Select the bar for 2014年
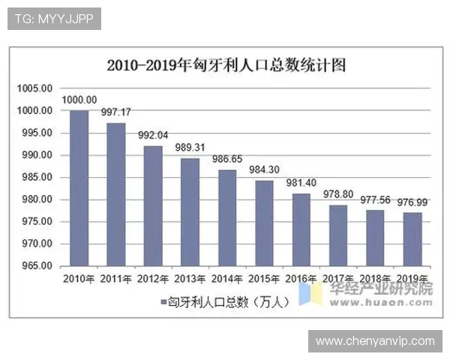pyautogui.click(x=227, y=217)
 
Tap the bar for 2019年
pyautogui.click(x=412, y=238)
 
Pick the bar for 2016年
pyautogui.click(x=301, y=229)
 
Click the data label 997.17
pyautogui.click(x=116, y=112)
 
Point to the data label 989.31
pyautogui.click(x=190, y=148)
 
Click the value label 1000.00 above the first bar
pyautogui.click(x=79, y=100)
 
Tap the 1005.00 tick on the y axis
pyautogui.click(x=35, y=88)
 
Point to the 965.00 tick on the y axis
pyautogui.click(x=35, y=266)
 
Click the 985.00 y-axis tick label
pyautogui.click(x=35, y=178)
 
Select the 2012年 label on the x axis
pyautogui.click(x=153, y=279)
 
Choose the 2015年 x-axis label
pyautogui.click(x=264, y=279)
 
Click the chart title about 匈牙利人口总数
pyautogui.click(x=226, y=65)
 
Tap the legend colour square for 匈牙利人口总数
pyautogui.click(x=163, y=302)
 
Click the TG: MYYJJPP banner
pyautogui.click(x=54, y=19)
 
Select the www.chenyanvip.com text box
pyautogui.click(x=374, y=341)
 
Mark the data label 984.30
pyautogui.click(x=265, y=169)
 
